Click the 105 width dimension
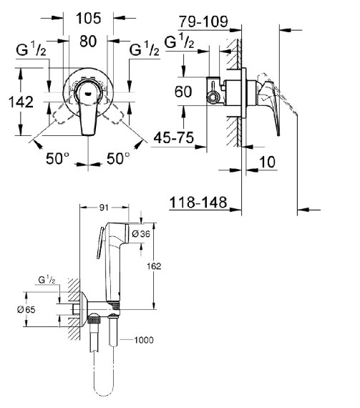click(88, 19)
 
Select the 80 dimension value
click(88, 41)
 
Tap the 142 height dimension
click(21, 102)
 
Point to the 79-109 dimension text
click(203, 21)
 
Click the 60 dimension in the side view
click(183, 92)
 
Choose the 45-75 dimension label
click(174, 137)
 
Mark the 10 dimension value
click(267, 162)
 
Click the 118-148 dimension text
click(198, 202)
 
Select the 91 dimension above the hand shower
click(104, 208)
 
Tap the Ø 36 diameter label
click(141, 234)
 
